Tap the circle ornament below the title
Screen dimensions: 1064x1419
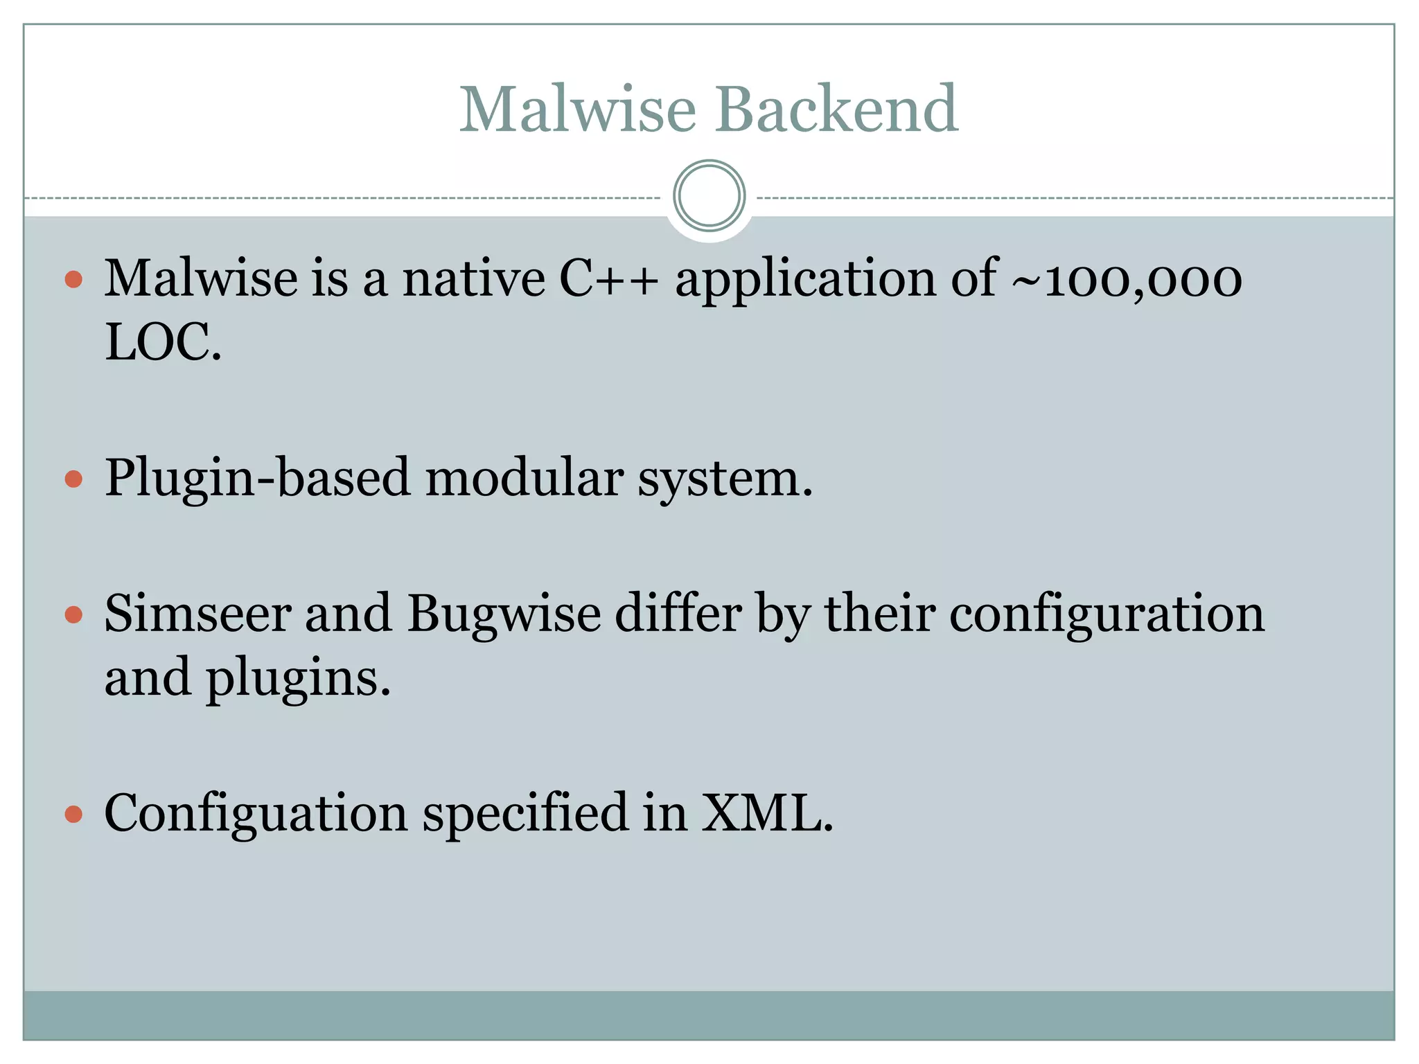709,196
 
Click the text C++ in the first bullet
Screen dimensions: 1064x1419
608,278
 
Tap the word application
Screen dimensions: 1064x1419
805,278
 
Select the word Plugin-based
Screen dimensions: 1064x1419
257,478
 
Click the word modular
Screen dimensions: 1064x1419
524,478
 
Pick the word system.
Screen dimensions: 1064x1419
725,478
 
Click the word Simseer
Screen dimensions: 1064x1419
197,614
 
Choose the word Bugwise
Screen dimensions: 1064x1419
504,614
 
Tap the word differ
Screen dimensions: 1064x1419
678,614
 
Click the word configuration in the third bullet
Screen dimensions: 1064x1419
1107,614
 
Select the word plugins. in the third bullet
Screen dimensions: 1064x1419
298,677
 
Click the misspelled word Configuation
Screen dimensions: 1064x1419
256,813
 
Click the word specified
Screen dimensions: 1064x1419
525,813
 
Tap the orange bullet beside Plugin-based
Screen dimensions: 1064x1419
73,479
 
